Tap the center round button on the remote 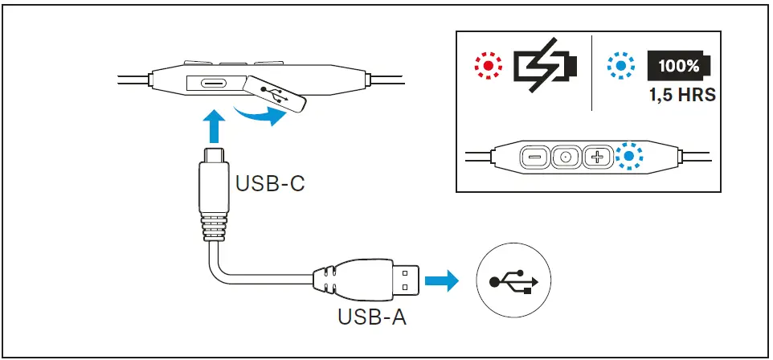(x=566, y=157)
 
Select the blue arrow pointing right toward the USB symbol (x=441, y=281)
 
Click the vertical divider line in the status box (x=591, y=72)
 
